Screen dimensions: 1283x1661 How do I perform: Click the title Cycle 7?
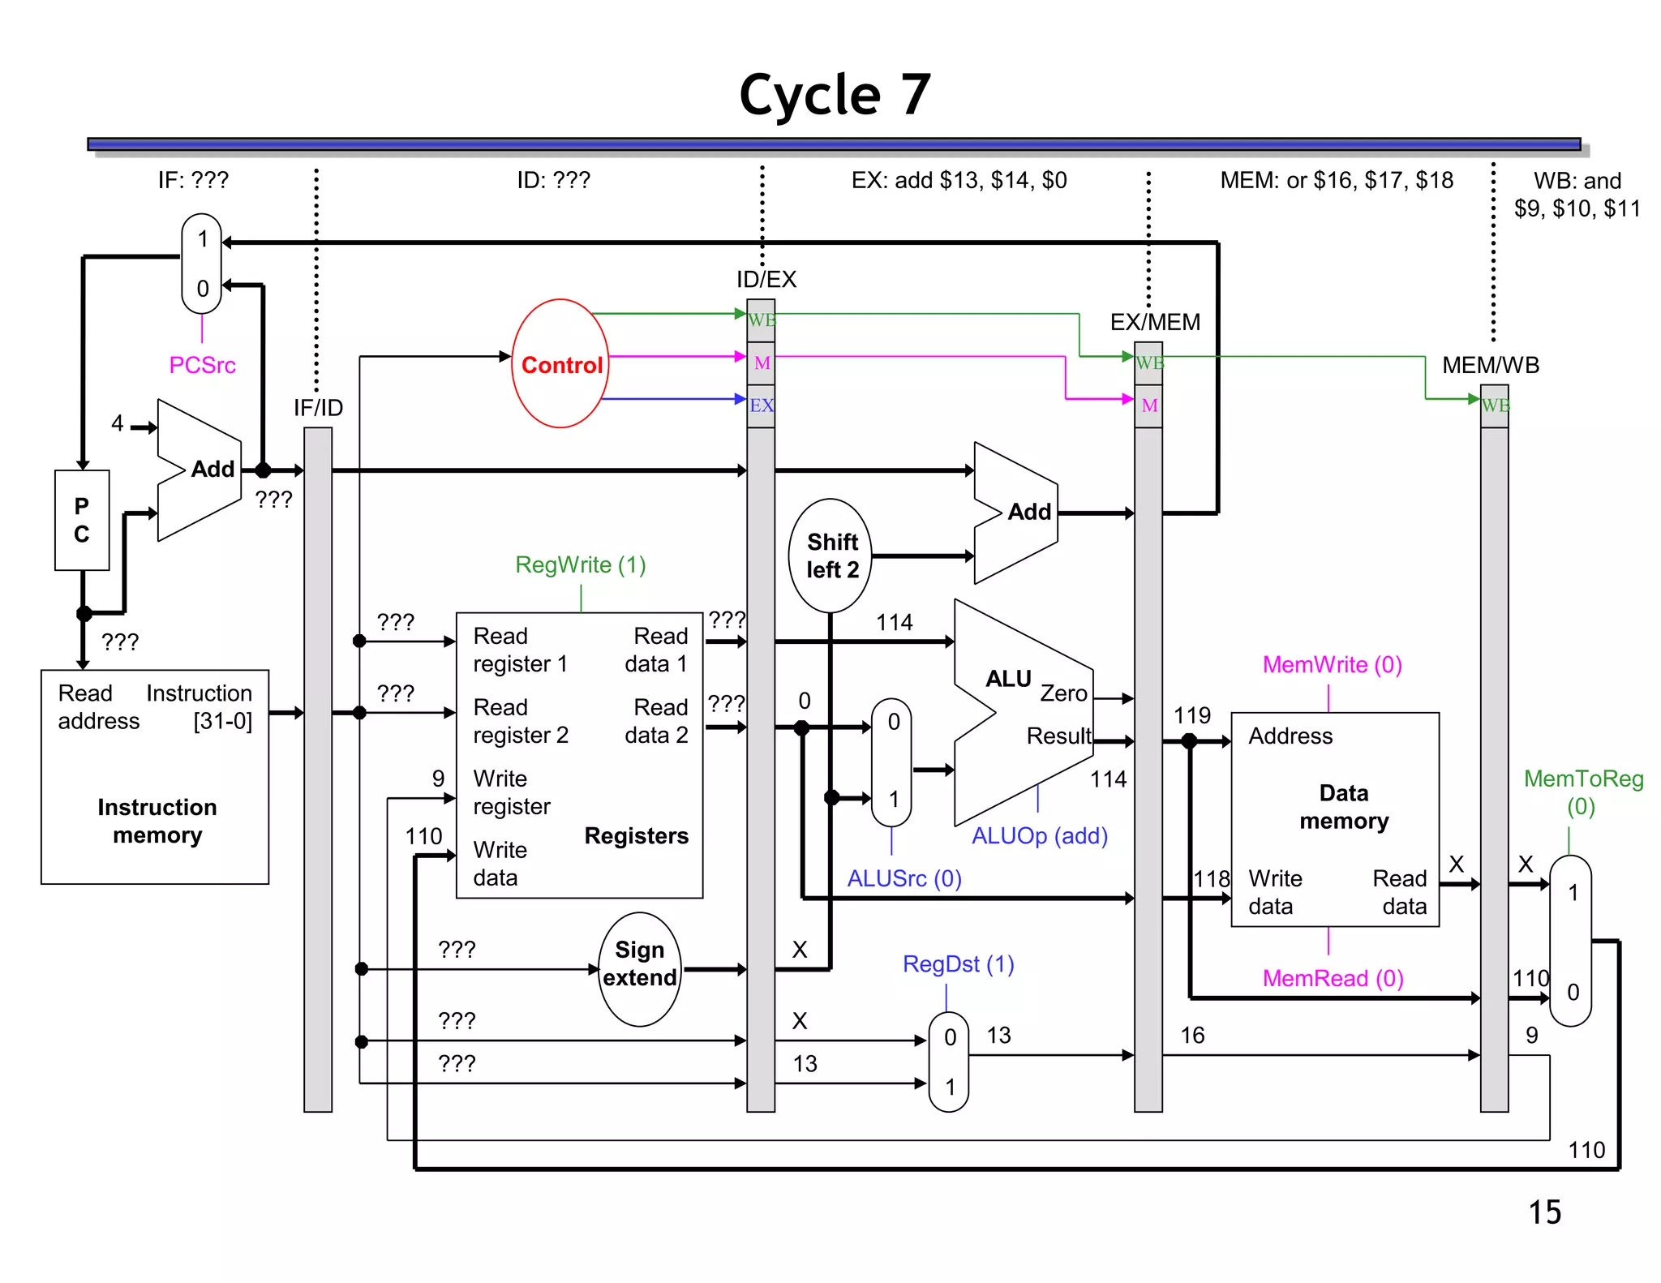pyautogui.click(x=835, y=96)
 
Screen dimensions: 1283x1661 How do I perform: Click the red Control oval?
pyautogui.click(x=560, y=364)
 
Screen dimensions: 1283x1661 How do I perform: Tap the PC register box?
pyautogui.click(x=82, y=520)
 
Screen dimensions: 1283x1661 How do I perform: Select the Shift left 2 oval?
pyautogui.click(x=830, y=556)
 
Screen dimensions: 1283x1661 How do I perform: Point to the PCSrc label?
pyautogui.click(x=202, y=365)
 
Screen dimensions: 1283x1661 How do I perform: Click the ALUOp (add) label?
pyautogui.click(x=1039, y=835)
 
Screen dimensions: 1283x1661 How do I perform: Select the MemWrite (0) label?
pyautogui.click(x=1332, y=664)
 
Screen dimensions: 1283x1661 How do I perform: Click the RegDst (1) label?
pyautogui.click(x=958, y=963)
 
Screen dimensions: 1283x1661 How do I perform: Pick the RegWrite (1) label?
pyautogui.click(x=581, y=564)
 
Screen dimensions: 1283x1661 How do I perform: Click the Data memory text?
pyautogui.click(x=1343, y=807)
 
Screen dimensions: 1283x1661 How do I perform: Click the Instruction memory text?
pyautogui.click(x=157, y=821)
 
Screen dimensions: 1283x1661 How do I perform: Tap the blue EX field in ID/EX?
pyautogui.click(x=761, y=405)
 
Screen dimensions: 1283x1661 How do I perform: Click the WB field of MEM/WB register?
pyautogui.click(x=1495, y=405)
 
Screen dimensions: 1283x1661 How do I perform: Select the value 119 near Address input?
pyautogui.click(x=1191, y=715)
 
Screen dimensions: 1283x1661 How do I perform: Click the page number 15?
pyautogui.click(x=1544, y=1212)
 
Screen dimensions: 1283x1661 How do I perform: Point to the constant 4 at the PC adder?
pyautogui.click(x=118, y=423)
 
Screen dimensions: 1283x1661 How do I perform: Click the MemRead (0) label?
pyautogui.click(x=1332, y=978)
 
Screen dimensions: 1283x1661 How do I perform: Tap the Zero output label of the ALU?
pyautogui.click(x=1063, y=693)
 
